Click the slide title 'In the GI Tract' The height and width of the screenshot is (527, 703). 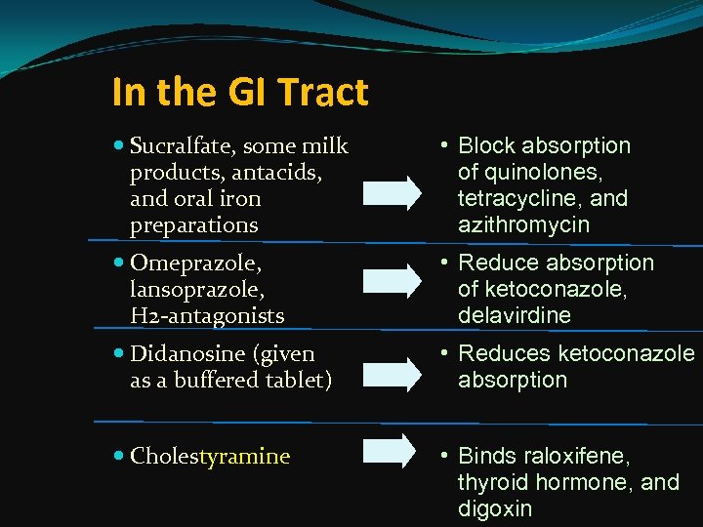[240, 93]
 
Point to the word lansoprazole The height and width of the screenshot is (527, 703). [198, 290]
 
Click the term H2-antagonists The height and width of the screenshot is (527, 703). [207, 316]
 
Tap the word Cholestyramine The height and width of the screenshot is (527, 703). [210, 456]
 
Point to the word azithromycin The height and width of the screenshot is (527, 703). [523, 225]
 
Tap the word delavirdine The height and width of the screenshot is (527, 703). [515, 316]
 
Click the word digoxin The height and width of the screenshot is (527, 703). [495, 508]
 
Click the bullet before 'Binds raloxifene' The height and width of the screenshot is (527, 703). [442, 456]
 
